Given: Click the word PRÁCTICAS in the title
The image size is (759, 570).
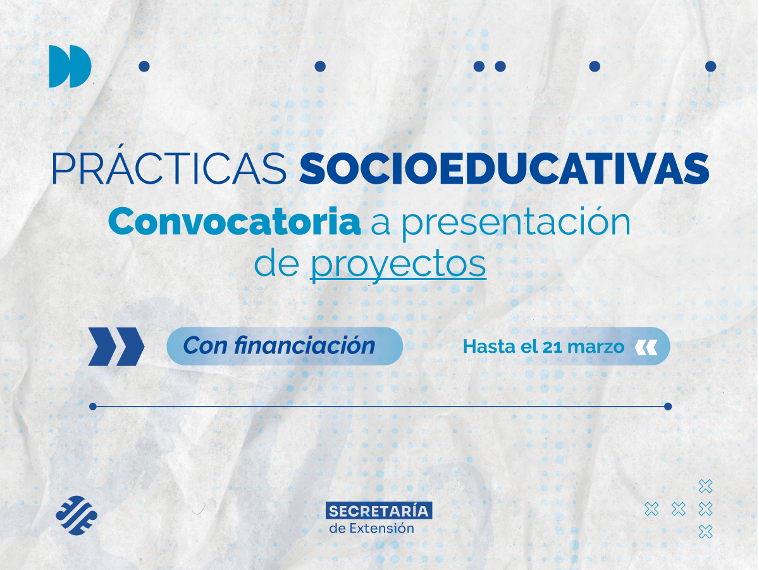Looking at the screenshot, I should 168,168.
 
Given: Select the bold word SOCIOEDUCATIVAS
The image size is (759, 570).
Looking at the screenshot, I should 504,168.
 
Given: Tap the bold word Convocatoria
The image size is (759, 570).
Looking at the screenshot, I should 235,222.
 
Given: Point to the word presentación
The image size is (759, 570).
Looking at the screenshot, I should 516,223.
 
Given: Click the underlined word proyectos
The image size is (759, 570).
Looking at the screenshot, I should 398,265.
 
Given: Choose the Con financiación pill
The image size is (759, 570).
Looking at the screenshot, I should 285,346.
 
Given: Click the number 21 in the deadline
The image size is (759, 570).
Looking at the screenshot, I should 552,347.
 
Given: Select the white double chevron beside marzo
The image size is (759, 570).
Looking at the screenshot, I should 646,347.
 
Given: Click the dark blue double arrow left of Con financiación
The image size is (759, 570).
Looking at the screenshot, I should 116,346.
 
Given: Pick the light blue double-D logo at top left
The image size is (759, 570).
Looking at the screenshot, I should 70,66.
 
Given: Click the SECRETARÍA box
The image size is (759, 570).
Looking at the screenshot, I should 379,510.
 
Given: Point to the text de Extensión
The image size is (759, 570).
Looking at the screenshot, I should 372,528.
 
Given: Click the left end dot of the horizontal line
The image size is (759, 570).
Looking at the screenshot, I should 93,407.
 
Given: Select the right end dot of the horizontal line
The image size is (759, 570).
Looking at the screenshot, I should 668,407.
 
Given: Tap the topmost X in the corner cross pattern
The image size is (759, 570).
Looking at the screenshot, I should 705,486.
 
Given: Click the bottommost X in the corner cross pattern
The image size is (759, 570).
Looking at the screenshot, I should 705,531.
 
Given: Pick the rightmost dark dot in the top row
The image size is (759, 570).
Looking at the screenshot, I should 710,66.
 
